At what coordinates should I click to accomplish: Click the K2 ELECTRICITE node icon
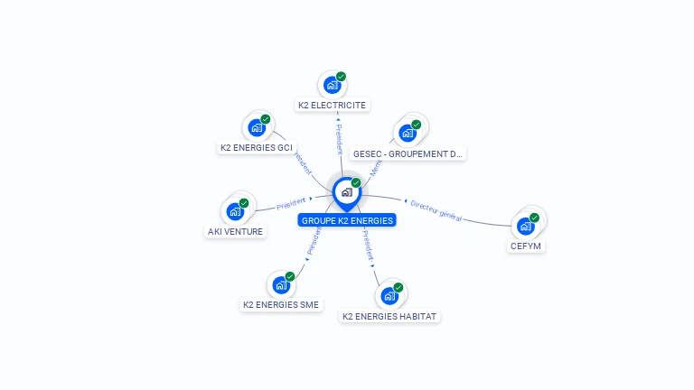tap(333, 86)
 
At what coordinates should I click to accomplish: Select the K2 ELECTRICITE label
tap(333, 106)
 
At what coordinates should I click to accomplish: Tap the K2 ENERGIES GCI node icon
tap(257, 127)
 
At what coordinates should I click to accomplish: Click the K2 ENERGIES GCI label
tap(257, 147)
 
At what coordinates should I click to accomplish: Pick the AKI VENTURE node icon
tap(235, 211)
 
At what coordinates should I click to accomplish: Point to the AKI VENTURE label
tap(235, 231)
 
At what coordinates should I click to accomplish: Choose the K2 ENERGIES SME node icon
tap(281, 285)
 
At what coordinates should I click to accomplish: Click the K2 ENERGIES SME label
tap(281, 305)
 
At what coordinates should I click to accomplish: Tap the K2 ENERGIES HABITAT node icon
tap(389, 296)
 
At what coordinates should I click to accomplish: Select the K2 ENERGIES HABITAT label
tap(389, 317)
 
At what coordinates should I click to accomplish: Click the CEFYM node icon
tap(526, 226)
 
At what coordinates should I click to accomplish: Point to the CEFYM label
tap(527, 246)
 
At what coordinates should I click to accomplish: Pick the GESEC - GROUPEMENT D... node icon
tap(408, 134)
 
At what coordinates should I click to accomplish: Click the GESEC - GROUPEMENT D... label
tap(408, 154)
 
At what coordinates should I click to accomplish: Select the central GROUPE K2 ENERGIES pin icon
tap(346, 192)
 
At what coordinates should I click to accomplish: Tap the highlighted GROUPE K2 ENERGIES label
tap(347, 220)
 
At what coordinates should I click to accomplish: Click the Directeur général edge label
tap(436, 210)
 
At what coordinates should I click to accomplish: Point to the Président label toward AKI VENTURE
tap(292, 203)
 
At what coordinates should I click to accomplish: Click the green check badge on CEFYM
tap(534, 218)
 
